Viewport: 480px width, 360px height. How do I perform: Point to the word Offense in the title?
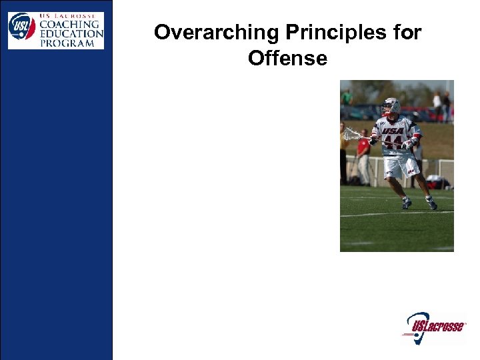tap(287, 59)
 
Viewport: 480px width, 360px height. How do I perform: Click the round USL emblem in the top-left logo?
tap(21, 27)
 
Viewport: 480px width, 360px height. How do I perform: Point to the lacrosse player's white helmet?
tap(391, 106)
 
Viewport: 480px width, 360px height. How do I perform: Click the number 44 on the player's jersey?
tap(393, 142)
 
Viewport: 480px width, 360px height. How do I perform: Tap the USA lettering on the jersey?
tap(393, 131)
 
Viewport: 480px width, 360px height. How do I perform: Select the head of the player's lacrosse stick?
tap(351, 135)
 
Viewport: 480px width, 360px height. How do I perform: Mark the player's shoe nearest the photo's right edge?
tap(431, 204)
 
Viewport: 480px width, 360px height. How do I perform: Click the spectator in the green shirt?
tap(346, 97)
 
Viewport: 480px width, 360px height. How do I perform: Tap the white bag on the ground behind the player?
tap(436, 181)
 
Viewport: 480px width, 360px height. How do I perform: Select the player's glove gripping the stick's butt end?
tap(409, 142)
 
